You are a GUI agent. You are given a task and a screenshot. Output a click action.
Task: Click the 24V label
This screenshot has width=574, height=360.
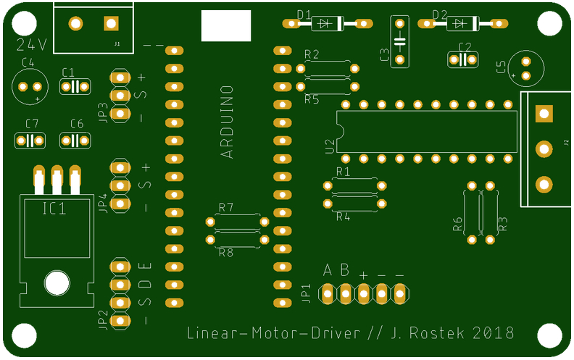pos(31,44)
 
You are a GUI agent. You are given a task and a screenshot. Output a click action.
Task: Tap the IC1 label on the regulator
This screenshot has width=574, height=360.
pos(55,209)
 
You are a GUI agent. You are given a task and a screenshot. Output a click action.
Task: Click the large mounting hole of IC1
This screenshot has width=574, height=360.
pos(56,282)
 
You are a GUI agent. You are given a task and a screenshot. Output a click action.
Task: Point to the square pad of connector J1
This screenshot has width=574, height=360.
pos(110,24)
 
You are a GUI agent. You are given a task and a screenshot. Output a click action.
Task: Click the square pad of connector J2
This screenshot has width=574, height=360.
pos(543,113)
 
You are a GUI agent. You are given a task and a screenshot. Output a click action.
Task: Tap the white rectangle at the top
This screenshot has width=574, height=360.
pos(225,28)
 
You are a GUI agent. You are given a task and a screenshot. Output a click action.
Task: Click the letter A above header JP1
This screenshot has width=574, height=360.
pos(328,270)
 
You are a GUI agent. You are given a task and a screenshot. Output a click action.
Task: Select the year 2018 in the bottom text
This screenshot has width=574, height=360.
pos(494,333)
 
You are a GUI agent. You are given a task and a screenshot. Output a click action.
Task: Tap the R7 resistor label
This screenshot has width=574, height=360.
pos(226,208)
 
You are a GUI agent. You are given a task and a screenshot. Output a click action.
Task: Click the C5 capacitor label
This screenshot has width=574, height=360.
pos(501,67)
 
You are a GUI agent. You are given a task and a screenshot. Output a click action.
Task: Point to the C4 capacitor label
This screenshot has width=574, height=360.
pos(29,63)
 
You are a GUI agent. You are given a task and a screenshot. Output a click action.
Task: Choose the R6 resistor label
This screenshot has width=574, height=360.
pos(457,224)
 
